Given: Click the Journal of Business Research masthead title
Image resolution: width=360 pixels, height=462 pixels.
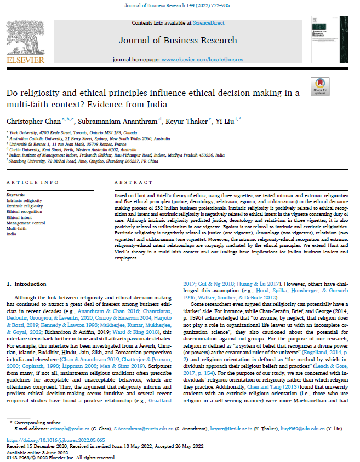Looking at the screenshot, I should pos(178,40).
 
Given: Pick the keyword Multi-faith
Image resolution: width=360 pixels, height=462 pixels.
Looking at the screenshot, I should pos(16,228).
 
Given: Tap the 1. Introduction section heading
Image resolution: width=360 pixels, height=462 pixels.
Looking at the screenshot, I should pos(30,285).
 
